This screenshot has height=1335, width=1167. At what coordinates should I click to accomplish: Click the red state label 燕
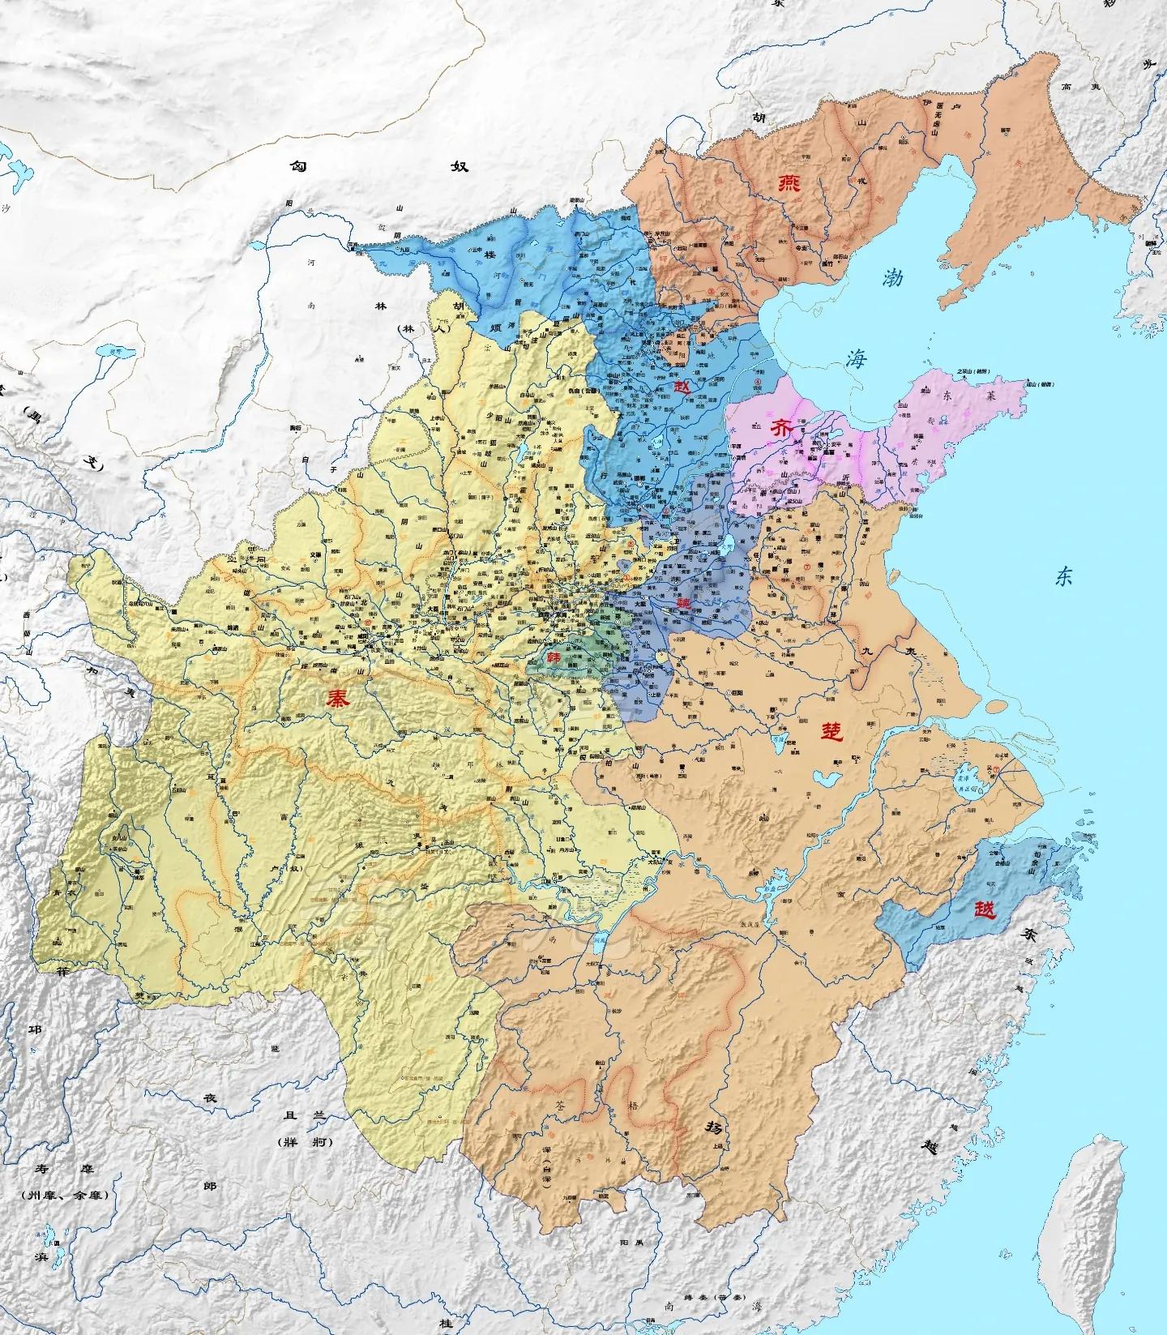coord(788,183)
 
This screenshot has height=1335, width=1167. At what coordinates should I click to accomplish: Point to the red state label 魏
coord(684,603)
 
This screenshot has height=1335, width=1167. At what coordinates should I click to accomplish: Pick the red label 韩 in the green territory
coord(554,657)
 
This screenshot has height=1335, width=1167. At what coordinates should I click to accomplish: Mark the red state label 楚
coord(832,732)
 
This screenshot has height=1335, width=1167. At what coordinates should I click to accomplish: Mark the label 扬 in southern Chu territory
coord(712,1127)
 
